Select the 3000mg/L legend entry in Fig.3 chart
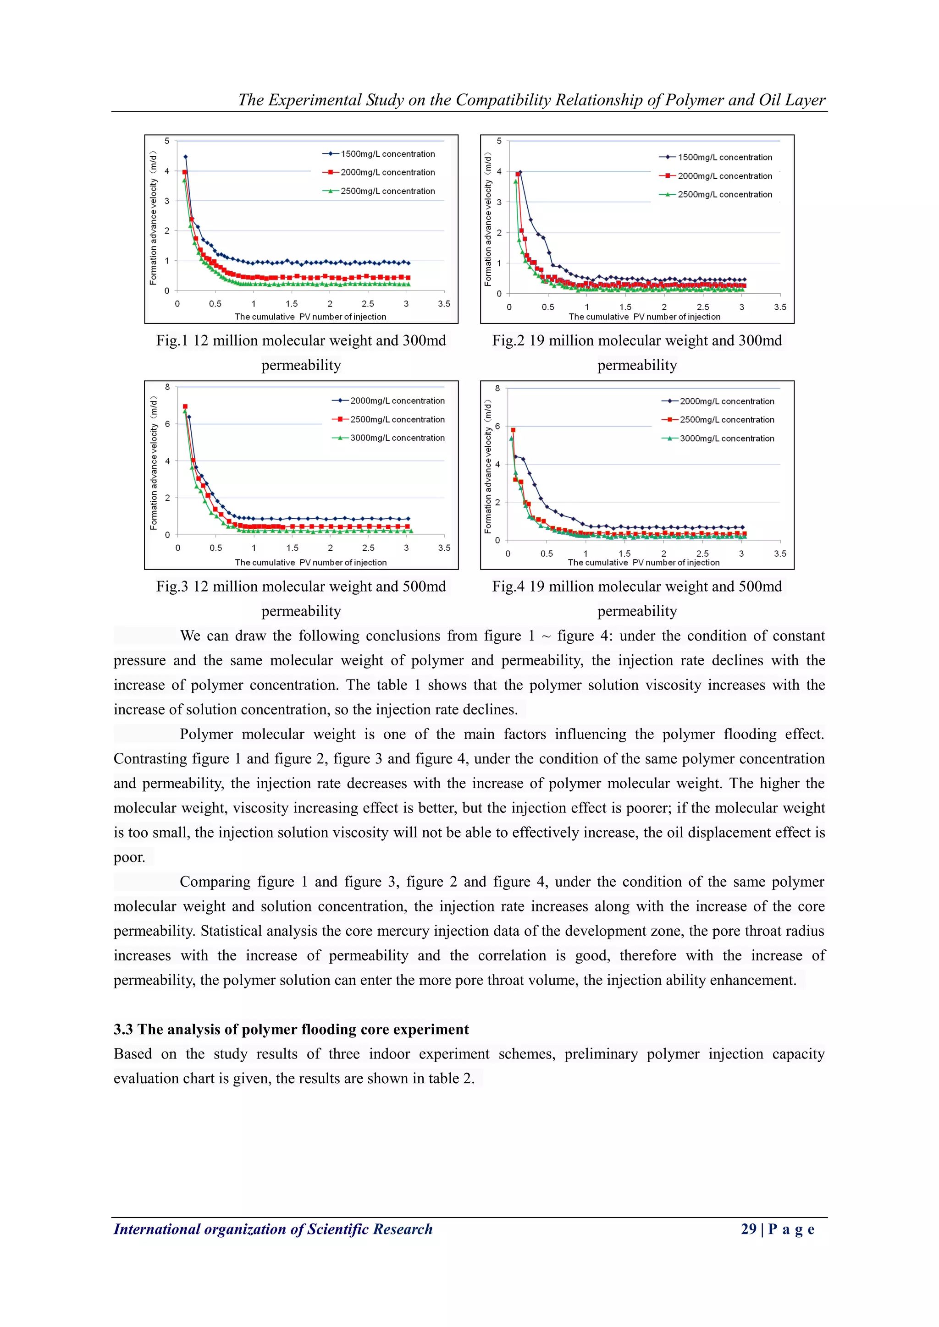tap(397, 438)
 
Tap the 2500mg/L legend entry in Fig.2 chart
tap(724, 194)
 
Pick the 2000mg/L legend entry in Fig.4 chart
tap(727, 401)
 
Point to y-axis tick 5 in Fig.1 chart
tap(167, 141)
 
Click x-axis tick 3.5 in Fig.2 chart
tap(779, 307)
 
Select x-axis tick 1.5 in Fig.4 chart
tap(624, 553)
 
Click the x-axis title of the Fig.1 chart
tap(310, 317)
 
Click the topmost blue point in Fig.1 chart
tap(185, 157)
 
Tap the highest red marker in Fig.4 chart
tap(513, 430)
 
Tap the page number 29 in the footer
tap(748, 1229)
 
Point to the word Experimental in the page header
tap(315, 100)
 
